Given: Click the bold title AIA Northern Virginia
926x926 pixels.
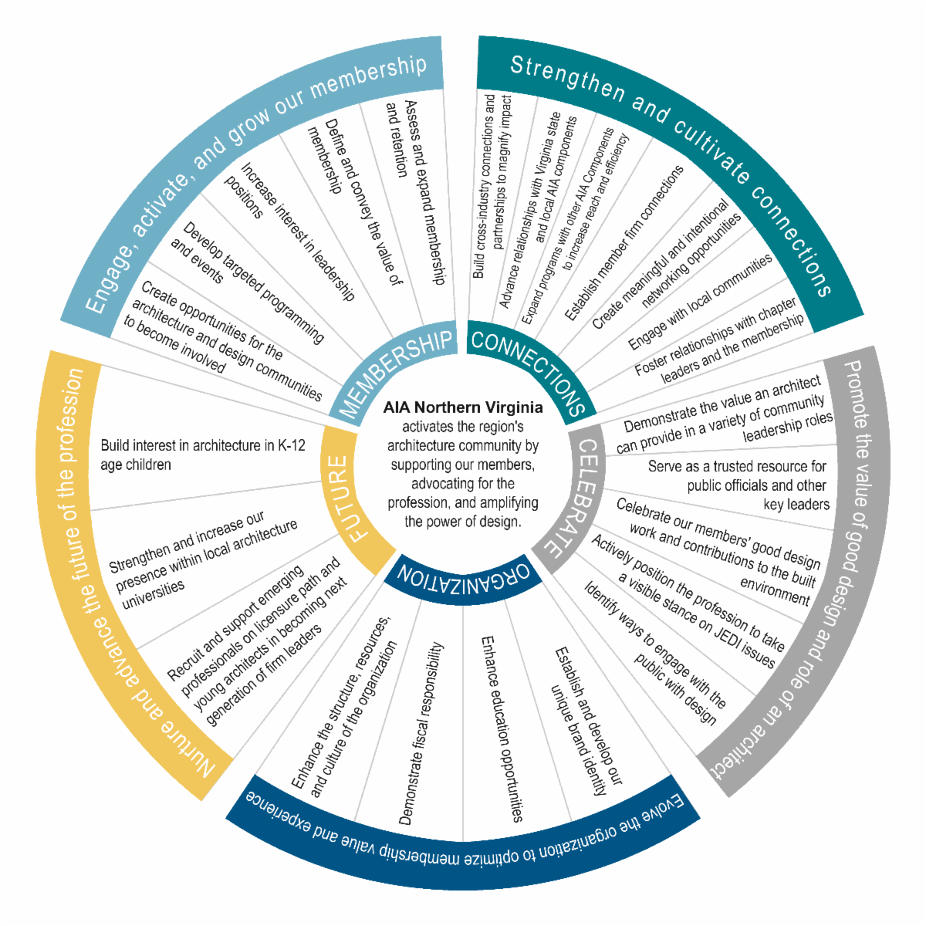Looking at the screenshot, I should point(463,407).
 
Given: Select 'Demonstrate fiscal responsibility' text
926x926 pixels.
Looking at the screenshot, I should point(421,734).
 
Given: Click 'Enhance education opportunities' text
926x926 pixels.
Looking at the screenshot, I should point(502,728).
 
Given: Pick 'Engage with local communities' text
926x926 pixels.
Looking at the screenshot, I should point(699,301).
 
